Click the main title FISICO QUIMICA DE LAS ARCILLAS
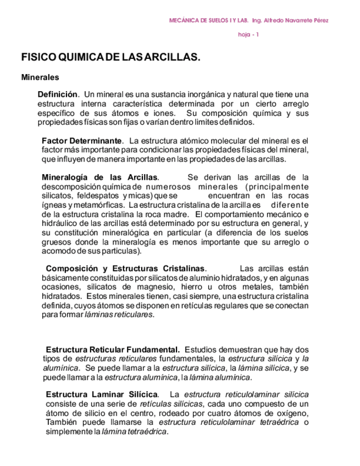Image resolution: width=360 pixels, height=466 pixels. point(110,57)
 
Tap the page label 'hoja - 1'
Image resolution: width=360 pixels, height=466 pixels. point(248,35)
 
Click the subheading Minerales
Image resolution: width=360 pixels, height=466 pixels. point(40,77)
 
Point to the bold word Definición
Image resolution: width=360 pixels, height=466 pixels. point(58,95)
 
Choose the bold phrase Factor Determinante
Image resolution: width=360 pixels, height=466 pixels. point(82,141)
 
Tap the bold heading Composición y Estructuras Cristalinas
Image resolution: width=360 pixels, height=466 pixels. point(125,269)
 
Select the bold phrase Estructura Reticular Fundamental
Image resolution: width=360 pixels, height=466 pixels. point(113,350)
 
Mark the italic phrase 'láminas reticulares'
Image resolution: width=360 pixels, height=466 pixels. point(119,315)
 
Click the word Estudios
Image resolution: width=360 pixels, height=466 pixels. point(203,350)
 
